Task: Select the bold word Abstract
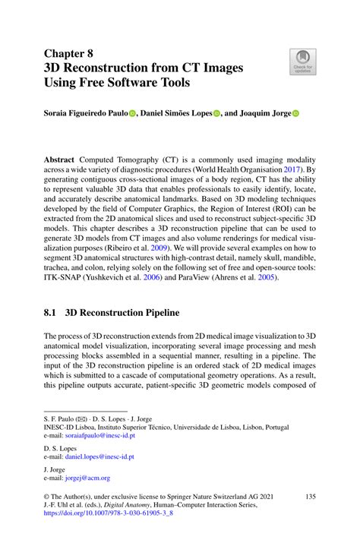(65, 161)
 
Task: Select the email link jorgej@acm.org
(87, 478)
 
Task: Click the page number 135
(309, 496)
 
